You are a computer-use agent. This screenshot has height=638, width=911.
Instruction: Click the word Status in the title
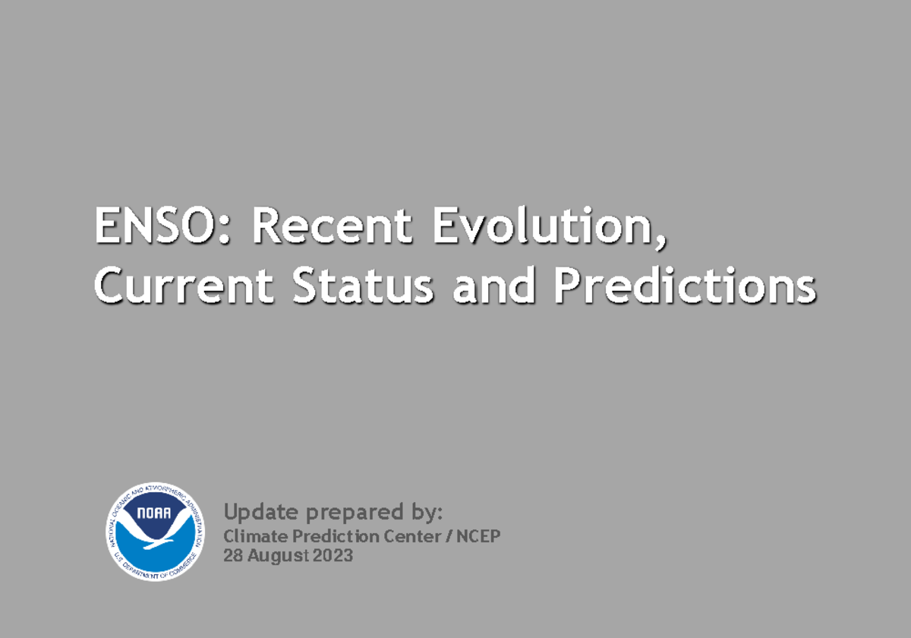(364, 286)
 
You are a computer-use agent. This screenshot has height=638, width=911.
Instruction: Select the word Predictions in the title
(684, 286)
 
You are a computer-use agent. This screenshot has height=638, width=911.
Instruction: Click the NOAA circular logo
(155, 532)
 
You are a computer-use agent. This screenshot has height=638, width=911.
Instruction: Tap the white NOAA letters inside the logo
(155, 514)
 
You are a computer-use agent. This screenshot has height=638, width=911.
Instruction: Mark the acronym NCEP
(478, 536)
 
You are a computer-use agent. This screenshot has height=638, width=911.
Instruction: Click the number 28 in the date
(232, 556)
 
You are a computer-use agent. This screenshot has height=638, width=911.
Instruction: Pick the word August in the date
(274, 556)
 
